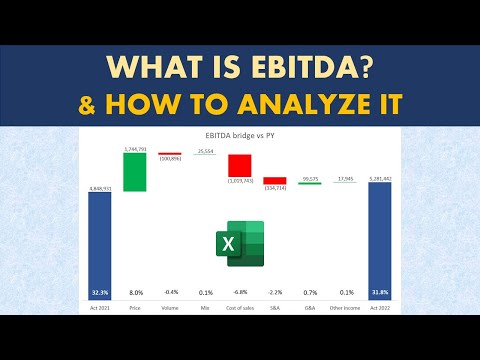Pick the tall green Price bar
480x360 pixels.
pyautogui.click(x=134, y=171)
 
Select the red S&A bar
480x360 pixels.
pyautogui.click(x=275, y=181)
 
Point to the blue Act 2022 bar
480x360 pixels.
pyautogui.click(x=382, y=245)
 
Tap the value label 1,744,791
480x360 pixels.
pyautogui.click(x=134, y=149)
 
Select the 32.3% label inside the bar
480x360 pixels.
pyautogui.click(x=100, y=291)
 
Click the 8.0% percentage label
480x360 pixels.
pyautogui.click(x=135, y=292)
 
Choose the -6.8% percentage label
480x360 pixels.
pyautogui.click(x=239, y=292)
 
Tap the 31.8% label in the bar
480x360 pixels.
pyautogui.click(x=382, y=291)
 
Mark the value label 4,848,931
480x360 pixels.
pyautogui.click(x=100, y=187)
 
